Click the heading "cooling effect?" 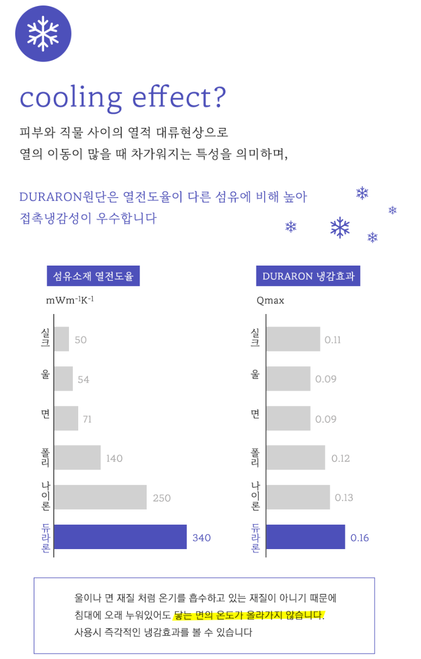(122, 98)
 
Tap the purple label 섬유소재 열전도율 (93, 276)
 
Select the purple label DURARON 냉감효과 (308, 276)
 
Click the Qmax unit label (270, 300)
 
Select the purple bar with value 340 (120, 537)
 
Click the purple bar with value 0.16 (305, 537)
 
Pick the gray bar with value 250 (100, 497)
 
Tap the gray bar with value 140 (77, 458)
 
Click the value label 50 (80, 340)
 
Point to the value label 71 (87, 420)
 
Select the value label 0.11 (332, 340)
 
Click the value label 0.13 (344, 498)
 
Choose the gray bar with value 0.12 (296, 458)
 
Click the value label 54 (83, 380)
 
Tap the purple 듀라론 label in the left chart (45, 538)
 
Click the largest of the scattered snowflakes (340, 227)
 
